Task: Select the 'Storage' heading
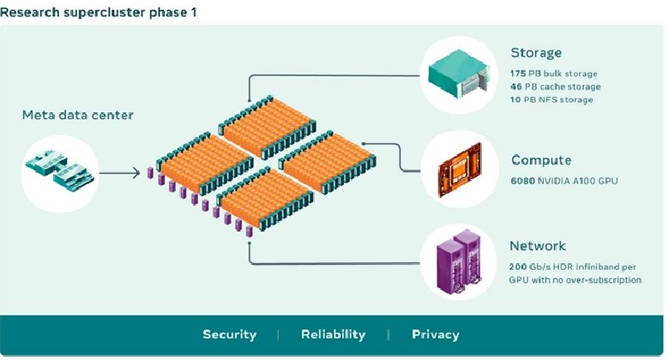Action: point(536,53)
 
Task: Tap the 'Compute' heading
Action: point(540,160)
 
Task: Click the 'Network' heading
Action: point(538,245)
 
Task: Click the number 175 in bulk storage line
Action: point(518,74)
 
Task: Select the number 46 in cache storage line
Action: point(516,87)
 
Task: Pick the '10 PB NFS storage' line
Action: point(551,99)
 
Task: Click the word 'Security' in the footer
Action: point(229,334)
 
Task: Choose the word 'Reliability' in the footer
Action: point(333,334)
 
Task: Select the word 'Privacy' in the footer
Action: point(435,334)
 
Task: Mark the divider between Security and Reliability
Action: point(278,334)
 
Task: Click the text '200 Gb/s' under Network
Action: point(531,267)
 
